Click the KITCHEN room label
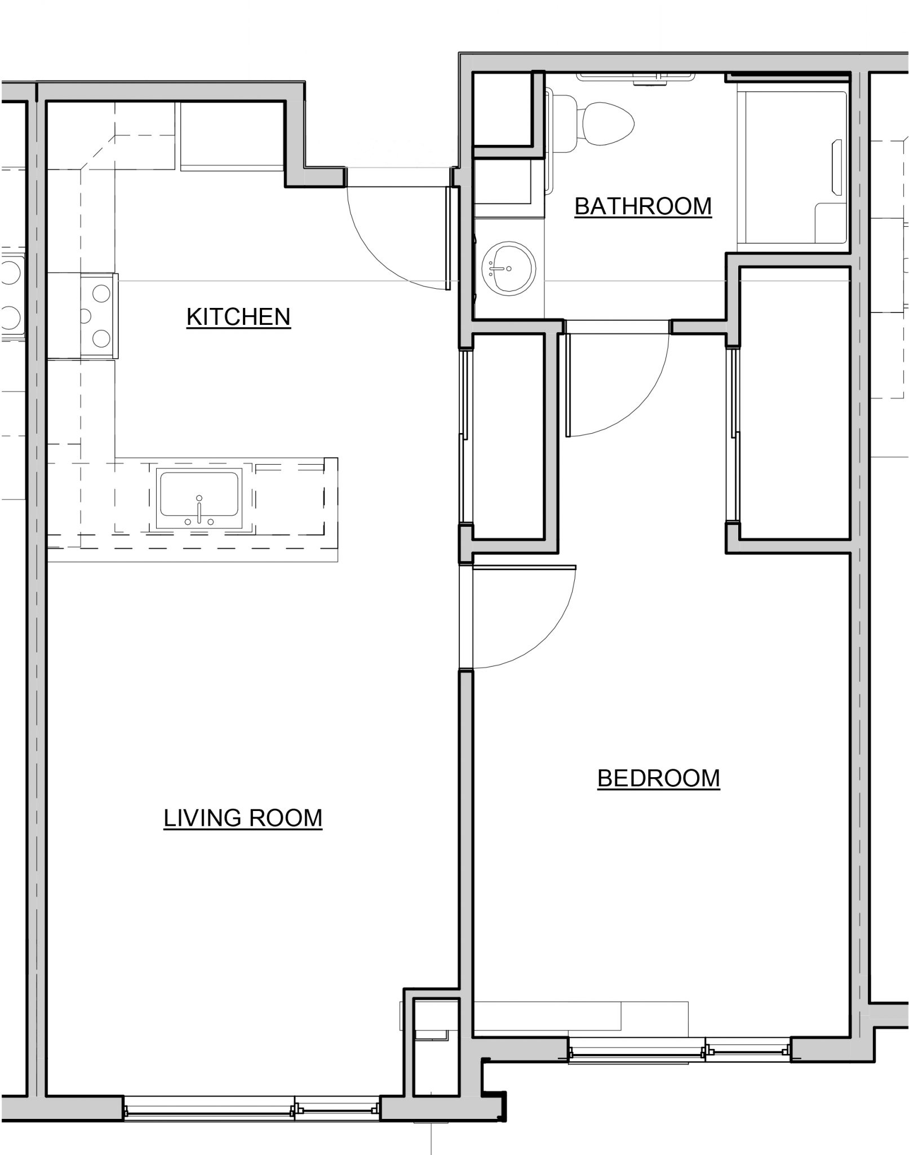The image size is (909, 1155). (x=238, y=316)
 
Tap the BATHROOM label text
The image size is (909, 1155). (x=643, y=206)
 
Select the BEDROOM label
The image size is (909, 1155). (x=658, y=778)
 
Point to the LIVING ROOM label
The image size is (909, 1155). (x=243, y=818)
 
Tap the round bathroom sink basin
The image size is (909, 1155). (x=508, y=268)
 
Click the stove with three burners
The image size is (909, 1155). (x=99, y=316)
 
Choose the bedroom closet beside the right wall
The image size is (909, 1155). (x=793, y=403)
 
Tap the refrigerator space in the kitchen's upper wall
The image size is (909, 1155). (x=231, y=135)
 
